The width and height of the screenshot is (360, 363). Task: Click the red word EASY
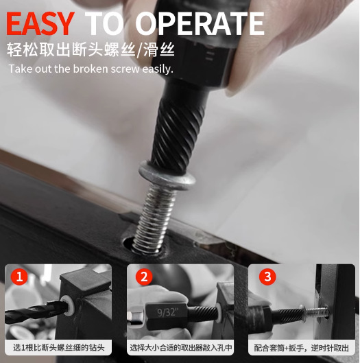[x=40, y=23]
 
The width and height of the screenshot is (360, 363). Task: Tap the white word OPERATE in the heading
[x=200, y=23]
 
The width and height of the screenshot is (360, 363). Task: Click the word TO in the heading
[x=104, y=23]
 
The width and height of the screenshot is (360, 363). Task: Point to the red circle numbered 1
[x=19, y=277]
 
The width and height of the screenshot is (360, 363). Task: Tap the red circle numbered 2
[x=144, y=277]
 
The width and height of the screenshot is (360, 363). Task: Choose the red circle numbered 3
[x=267, y=277]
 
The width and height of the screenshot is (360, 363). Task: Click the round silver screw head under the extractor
[x=167, y=176]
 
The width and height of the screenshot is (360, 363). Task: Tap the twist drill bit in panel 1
[x=36, y=312]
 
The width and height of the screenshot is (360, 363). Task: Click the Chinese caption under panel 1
[x=59, y=347]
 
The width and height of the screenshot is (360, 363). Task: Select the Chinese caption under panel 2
[x=181, y=347]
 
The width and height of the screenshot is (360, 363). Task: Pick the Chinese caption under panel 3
[x=302, y=348]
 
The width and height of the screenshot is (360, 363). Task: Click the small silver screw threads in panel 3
[x=317, y=312]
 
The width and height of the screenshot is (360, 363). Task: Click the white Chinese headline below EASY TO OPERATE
[x=91, y=49]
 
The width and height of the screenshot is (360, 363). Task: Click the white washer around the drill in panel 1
[x=68, y=305]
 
